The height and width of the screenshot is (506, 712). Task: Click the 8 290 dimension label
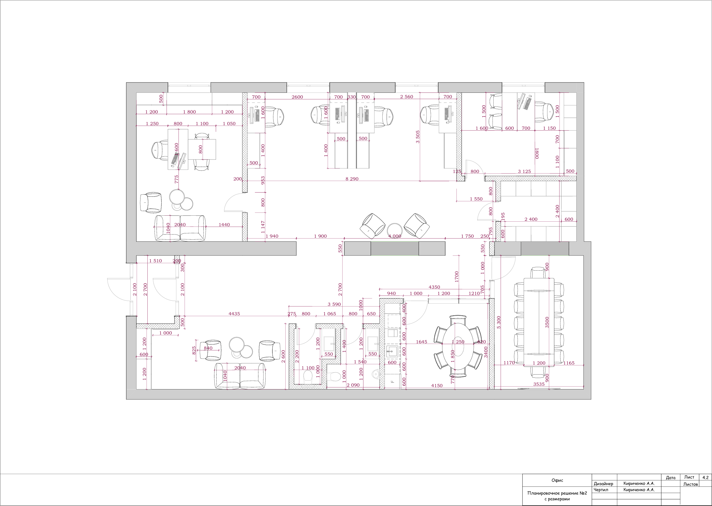(x=352, y=179)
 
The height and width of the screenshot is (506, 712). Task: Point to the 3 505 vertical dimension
(x=418, y=137)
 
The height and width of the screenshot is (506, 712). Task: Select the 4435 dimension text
(x=234, y=314)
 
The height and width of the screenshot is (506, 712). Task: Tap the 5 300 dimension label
(x=499, y=322)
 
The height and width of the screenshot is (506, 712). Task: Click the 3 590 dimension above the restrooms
(x=334, y=304)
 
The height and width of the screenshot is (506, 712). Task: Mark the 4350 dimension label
(x=434, y=287)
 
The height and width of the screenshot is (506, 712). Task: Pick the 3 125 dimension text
(x=524, y=171)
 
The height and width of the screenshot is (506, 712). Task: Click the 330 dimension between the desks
(x=351, y=97)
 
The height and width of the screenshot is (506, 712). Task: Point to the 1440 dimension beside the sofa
(x=224, y=225)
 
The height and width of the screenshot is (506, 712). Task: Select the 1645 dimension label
(x=422, y=342)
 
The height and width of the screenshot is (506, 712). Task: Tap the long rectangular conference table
(x=539, y=322)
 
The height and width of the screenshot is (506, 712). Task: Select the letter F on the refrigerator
(x=392, y=382)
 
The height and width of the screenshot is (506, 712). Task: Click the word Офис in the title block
(x=557, y=480)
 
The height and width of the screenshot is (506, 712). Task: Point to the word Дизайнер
(x=603, y=484)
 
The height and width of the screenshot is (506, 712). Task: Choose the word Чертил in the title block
(x=601, y=489)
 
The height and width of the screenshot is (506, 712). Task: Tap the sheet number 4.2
(x=705, y=477)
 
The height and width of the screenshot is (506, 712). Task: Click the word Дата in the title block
(x=671, y=478)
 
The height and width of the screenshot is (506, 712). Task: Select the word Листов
(x=691, y=484)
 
